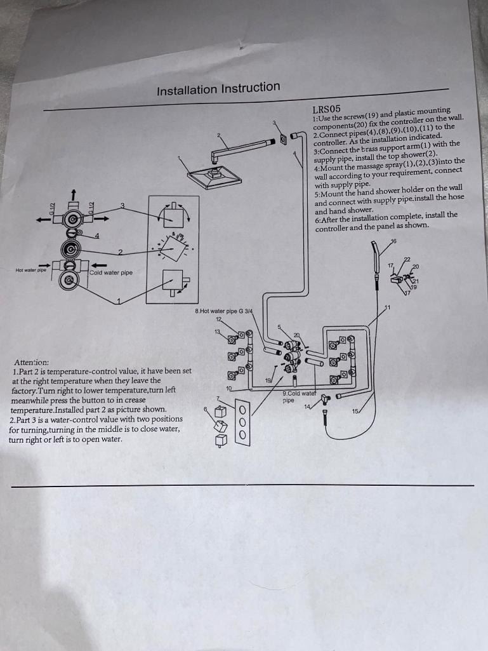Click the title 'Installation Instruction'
click(x=218, y=88)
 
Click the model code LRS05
click(x=327, y=109)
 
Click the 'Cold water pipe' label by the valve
click(x=111, y=273)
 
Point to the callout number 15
click(x=355, y=412)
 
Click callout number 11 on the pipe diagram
click(x=387, y=308)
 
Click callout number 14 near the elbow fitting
click(x=308, y=406)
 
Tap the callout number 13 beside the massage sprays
click(x=217, y=332)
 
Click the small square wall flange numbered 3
click(x=282, y=140)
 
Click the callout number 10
click(x=228, y=387)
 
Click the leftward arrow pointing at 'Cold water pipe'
click(x=97, y=265)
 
